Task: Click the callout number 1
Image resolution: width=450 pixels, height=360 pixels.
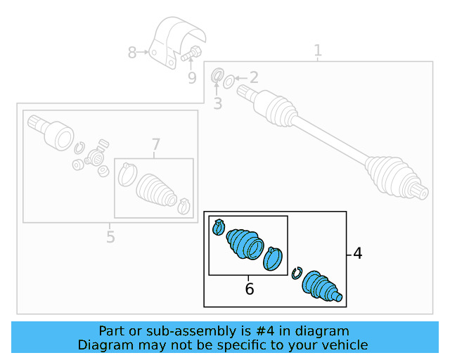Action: click(318, 51)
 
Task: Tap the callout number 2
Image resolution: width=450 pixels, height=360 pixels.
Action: click(253, 77)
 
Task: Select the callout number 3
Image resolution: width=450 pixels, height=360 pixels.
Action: click(217, 104)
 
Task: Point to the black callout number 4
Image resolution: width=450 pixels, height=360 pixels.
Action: click(358, 253)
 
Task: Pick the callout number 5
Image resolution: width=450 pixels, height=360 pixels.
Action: click(110, 237)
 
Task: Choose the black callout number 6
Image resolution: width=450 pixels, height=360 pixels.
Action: click(249, 288)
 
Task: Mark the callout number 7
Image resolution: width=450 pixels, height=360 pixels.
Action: click(155, 145)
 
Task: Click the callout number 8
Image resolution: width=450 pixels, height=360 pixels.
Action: click(132, 52)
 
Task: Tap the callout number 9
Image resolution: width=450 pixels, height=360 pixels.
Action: click(192, 77)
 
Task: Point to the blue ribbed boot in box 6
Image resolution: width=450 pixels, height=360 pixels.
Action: click(244, 243)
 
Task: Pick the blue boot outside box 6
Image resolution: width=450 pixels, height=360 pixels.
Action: click(321, 287)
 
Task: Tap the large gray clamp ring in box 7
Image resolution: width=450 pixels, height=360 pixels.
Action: click(127, 174)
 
